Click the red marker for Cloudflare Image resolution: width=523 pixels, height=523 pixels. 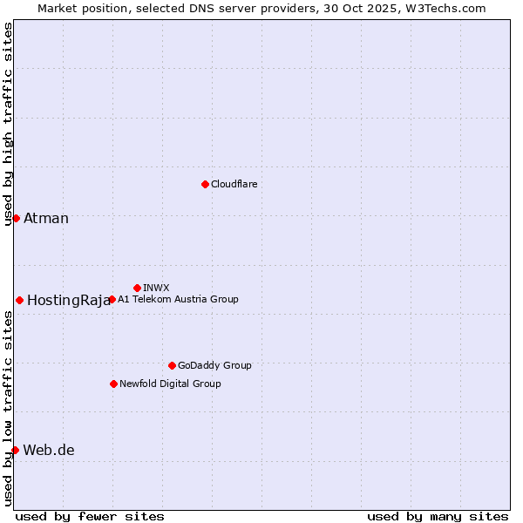[205, 184]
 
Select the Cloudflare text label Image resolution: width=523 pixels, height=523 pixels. [234, 185]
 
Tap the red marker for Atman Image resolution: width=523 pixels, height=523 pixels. [16, 218]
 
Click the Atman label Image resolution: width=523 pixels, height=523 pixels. [46, 219]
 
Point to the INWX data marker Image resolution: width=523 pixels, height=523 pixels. [137, 288]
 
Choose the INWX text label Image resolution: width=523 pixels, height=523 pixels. [156, 288]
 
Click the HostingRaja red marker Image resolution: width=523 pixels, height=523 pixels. [19, 300]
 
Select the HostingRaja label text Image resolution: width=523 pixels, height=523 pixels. [69, 301]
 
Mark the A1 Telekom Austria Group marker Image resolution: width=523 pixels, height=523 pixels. [112, 299]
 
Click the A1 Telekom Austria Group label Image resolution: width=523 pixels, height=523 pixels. [178, 299]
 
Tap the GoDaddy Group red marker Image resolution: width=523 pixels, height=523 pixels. [172, 365]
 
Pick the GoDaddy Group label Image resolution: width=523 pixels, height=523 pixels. [214, 366]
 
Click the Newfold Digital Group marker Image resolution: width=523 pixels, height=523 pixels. [113, 384]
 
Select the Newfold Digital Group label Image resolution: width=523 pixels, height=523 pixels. [170, 384]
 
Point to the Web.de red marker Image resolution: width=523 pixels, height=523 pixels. [15, 450]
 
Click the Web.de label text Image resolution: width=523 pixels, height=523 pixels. [49, 451]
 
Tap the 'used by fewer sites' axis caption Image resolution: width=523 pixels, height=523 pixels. [90, 516]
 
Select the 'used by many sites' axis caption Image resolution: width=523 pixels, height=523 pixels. [438, 516]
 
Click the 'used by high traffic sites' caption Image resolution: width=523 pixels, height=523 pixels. [8, 125]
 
